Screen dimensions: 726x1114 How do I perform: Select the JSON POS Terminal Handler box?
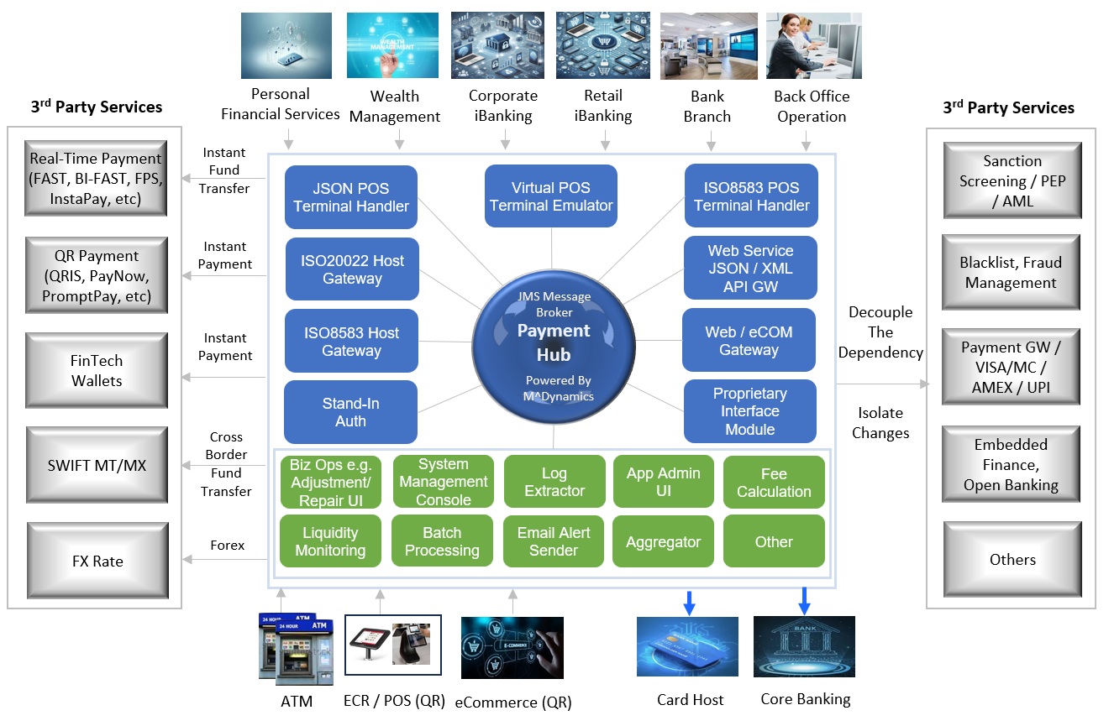[x=351, y=197]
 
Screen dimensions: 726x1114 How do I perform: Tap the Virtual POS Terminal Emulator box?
[x=551, y=196]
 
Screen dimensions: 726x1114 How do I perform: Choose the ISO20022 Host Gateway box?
[x=352, y=269]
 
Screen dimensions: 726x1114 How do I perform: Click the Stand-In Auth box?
[x=350, y=412]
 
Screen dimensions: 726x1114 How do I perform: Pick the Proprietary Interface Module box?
[x=750, y=411]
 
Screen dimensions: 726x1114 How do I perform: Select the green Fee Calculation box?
[x=774, y=483]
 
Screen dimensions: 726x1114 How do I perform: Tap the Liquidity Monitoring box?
[x=330, y=542]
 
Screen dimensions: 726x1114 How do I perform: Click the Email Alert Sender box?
[x=554, y=542]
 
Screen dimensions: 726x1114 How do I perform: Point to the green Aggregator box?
[x=663, y=542]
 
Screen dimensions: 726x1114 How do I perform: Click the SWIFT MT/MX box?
[x=97, y=465]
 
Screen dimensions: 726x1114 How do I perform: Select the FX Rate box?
[x=97, y=561]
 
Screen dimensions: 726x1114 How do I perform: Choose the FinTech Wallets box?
[x=97, y=371]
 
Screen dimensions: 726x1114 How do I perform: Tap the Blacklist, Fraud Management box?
[x=1012, y=273]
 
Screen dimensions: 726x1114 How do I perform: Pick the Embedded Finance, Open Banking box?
[x=1012, y=465]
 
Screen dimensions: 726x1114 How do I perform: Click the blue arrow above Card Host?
[x=689, y=602]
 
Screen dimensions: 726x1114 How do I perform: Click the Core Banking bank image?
[x=804, y=647]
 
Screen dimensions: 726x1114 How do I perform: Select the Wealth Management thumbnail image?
[x=392, y=45]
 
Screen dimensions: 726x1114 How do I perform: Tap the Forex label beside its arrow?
[x=228, y=546]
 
